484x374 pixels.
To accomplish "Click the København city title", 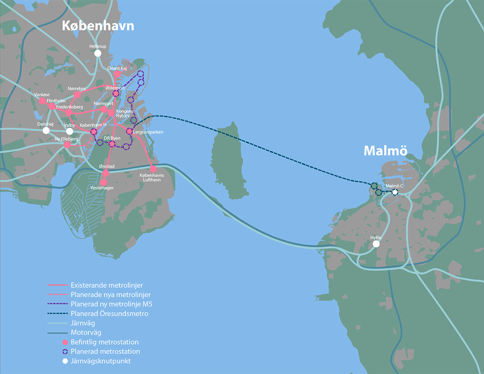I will click(x=98, y=26).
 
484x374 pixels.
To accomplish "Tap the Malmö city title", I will click(x=385, y=150).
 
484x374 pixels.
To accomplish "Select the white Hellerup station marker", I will click(x=98, y=53).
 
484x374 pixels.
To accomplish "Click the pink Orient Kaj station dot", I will click(x=117, y=74).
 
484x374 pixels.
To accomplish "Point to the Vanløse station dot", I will click(x=42, y=100).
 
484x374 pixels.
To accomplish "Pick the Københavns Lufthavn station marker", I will click(x=153, y=169).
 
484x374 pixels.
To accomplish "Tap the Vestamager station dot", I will click(x=104, y=183).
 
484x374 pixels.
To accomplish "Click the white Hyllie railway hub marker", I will click(x=376, y=244).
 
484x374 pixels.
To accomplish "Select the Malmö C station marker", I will click(x=395, y=193).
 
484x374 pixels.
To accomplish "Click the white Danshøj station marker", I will click(x=46, y=131).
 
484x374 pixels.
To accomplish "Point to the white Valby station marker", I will click(x=70, y=131).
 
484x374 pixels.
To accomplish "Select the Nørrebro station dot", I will click(x=77, y=95).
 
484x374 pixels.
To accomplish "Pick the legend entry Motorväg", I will click(x=86, y=332).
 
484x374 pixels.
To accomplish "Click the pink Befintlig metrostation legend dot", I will click(x=65, y=342).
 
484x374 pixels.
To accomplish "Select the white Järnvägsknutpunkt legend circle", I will click(x=65, y=361).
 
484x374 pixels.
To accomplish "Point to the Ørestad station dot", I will click(x=105, y=173).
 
